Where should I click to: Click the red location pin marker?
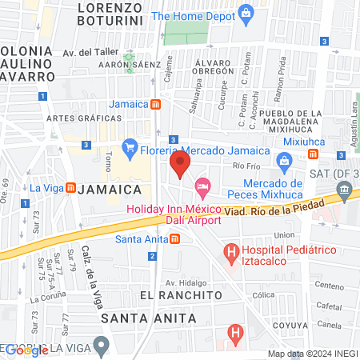coord(179,166)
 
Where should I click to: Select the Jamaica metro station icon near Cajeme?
coord(157,104)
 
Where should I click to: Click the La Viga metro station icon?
coord(70,189)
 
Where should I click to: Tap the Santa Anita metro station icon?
coord(174,238)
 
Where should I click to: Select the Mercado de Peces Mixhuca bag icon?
coord(283,162)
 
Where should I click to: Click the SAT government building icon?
coord(345,188)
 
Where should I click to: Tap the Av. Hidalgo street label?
coord(186,282)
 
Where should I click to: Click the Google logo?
coord(28,350)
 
